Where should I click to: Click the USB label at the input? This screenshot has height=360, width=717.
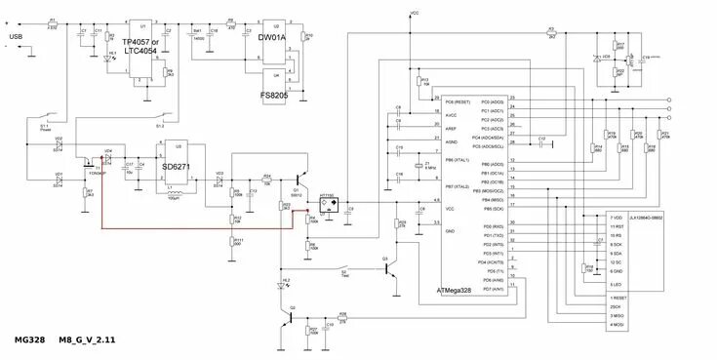tap(16, 37)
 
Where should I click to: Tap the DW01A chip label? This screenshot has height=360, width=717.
tap(273, 37)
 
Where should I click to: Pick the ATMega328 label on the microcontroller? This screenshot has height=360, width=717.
tap(465, 290)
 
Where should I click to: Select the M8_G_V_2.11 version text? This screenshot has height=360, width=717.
tap(87, 340)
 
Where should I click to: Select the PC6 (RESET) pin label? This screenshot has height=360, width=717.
tap(460, 100)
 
